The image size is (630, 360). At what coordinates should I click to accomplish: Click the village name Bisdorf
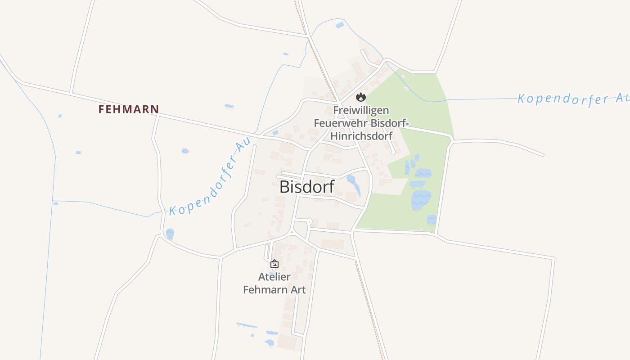(x=307, y=187)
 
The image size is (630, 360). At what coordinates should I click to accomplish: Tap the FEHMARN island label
(x=129, y=109)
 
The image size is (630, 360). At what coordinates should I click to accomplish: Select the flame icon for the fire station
(x=360, y=97)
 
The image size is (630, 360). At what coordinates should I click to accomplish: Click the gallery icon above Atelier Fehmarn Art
(x=274, y=264)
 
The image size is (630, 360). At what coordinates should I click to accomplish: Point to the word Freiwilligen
(x=361, y=110)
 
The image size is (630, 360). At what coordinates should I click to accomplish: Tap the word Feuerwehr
(x=338, y=123)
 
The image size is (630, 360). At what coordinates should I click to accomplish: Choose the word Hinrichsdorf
(x=361, y=135)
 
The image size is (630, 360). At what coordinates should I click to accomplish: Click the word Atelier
(x=274, y=277)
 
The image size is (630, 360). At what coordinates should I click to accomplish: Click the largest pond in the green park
(x=421, y=199)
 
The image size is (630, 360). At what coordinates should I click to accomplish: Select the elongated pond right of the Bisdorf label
(x=354, y=184)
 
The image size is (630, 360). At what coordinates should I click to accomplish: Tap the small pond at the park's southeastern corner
(x=431, y=220)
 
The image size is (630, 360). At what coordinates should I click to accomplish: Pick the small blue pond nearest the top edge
(x=340, y=25)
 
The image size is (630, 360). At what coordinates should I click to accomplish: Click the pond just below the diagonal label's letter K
(x=170, y=234)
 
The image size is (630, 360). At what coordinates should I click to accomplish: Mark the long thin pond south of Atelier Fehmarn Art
(x=247, y=325)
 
